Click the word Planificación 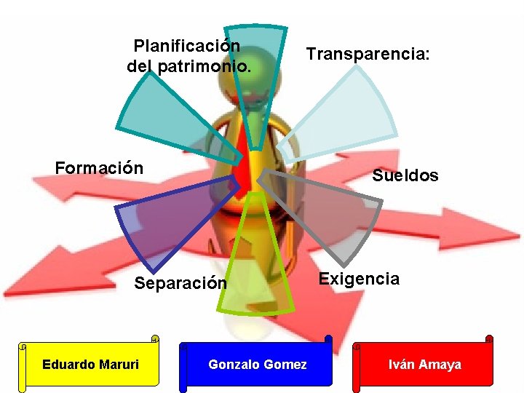187,46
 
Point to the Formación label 99,168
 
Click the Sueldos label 405,175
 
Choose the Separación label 180,283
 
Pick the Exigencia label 359,279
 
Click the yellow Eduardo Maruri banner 90,364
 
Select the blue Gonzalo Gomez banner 256,364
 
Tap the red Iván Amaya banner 424,364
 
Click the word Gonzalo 232,364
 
